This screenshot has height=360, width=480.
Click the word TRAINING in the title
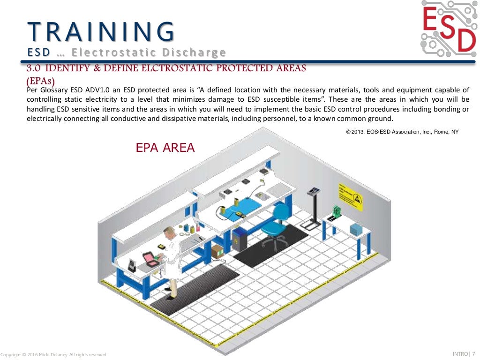[x=101, y=31]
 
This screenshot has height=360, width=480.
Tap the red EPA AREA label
[x=165, y=148]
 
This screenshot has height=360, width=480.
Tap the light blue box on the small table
[x=356, y=230]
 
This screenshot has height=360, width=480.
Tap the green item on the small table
[x=336, y=213]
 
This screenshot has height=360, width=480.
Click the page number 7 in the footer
[x=473, y=353]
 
